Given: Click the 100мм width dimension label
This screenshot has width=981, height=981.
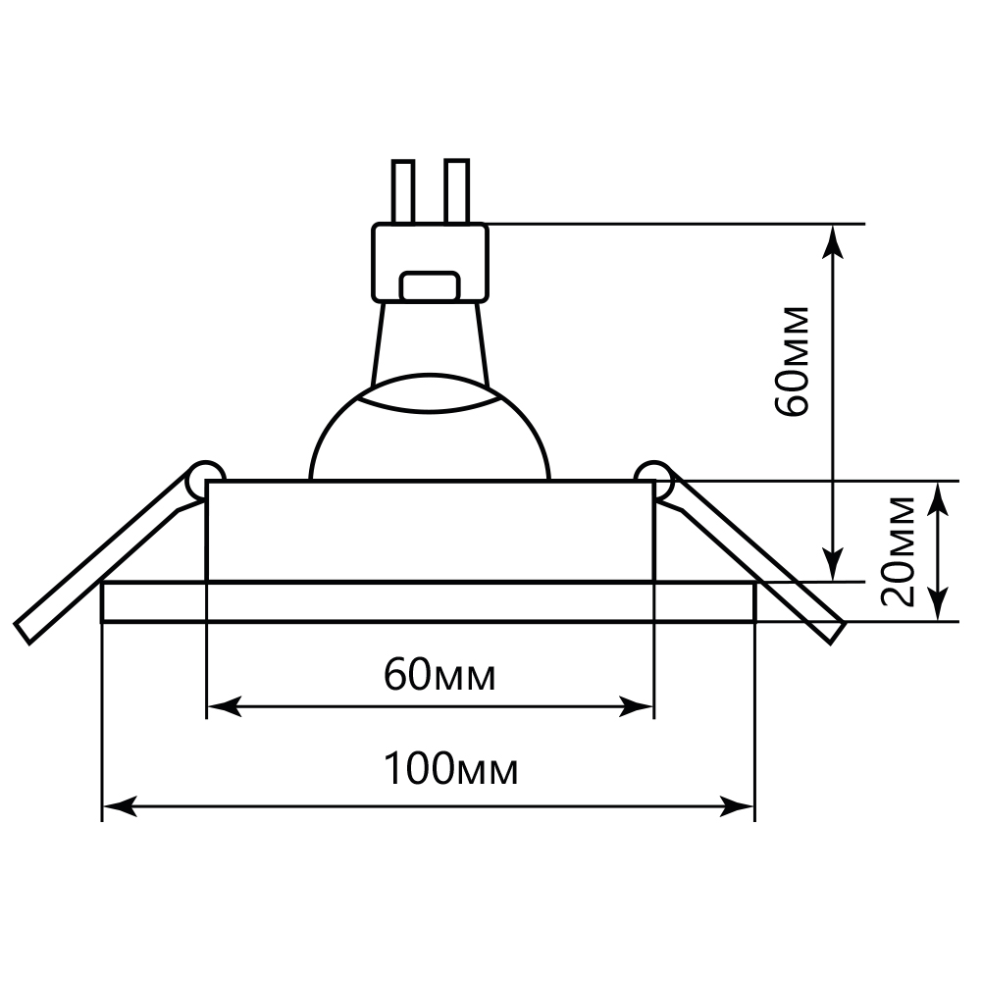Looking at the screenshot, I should click(450, 770).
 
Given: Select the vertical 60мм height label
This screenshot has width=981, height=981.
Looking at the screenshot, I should click(793, 361).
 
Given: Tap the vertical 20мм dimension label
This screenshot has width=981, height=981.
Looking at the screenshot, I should click(898, 551).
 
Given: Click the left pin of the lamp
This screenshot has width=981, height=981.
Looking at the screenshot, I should click(403, 190).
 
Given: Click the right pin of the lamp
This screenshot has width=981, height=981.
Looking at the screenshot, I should click(457, 190).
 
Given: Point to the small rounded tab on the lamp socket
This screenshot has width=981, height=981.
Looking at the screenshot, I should click(431, 286).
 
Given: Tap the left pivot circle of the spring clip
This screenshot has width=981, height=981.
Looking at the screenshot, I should click(205, 477).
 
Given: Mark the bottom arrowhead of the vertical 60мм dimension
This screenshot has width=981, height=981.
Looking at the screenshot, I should click(834, 566).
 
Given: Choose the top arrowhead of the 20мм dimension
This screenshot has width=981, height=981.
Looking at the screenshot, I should click(940, 495).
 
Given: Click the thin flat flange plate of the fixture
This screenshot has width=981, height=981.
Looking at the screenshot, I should click(429, 601).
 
